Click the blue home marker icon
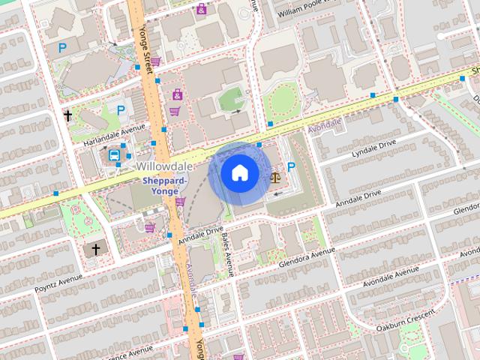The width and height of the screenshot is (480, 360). tap(239, 173)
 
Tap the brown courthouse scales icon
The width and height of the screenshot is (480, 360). tap(275, 178)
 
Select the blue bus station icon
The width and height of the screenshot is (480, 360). tap(114, 155)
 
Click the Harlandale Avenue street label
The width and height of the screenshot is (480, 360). tap(113, 126)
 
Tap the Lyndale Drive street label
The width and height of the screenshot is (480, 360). tap(373, 148)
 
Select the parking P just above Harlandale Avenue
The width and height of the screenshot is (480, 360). tap(121, 109)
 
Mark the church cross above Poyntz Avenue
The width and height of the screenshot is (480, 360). tap(95, 248)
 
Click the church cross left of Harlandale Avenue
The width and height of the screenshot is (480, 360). tap(67, 115)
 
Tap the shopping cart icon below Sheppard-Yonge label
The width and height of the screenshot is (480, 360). tap(180, 201)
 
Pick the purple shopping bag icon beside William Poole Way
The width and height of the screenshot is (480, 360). tap(201, 10)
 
